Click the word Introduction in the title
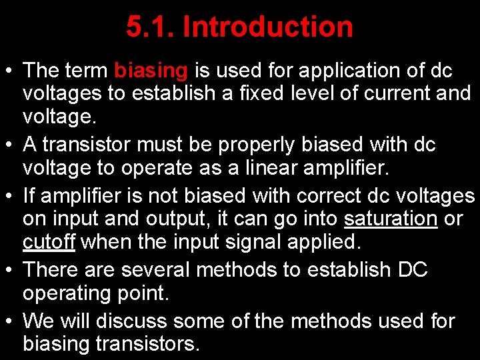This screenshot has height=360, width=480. coord(267,27)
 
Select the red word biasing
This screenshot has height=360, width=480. coord(151,70)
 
